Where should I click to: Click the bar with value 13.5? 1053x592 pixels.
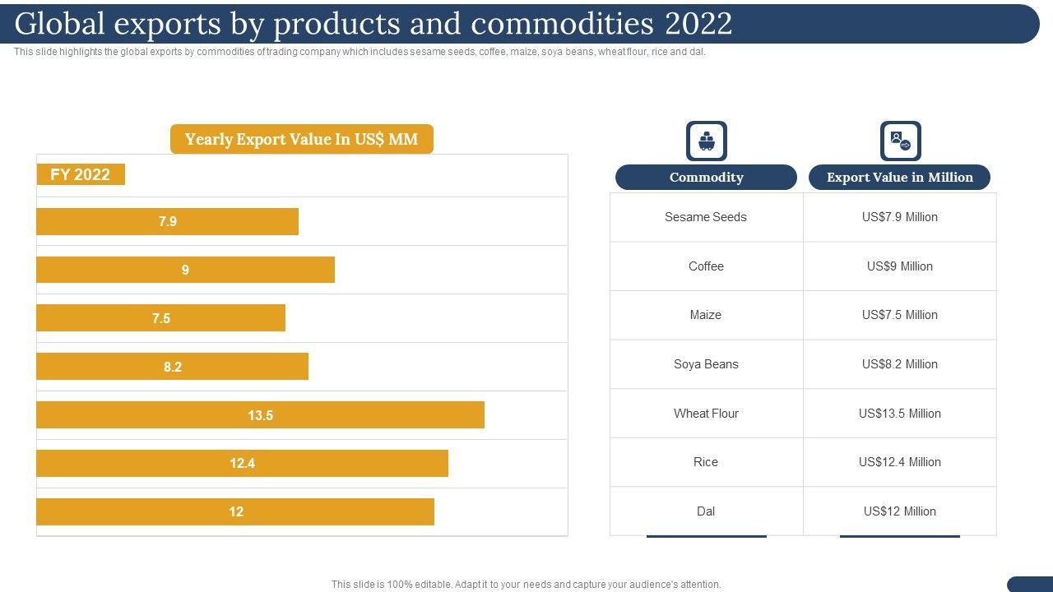(x=260, y=415)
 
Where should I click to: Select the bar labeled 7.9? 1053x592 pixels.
(x=167, y=221)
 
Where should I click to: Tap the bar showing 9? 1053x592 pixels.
(x=185, y=270)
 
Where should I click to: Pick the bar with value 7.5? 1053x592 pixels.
(x=160, y=318)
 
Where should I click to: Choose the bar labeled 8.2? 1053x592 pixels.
(x=172, y=367)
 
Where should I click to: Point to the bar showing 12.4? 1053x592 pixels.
(x=242, y=463)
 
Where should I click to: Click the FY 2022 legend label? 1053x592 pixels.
(x=81, y=174)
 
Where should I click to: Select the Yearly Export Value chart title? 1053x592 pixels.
(x=301, y=139)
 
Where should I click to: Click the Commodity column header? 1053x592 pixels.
(x=706, y=177)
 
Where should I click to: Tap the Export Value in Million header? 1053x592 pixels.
(x=899, y=177)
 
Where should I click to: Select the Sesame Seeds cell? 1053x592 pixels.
(x=706, y=217)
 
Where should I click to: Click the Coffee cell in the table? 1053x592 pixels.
(x=706, y=266)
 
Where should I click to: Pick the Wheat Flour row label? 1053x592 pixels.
(x=706, y=414)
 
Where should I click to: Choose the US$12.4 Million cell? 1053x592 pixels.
(x=899, y=462)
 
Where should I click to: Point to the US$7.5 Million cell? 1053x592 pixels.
(x=899, y=315)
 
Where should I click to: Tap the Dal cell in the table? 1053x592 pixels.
(x=706, y=511)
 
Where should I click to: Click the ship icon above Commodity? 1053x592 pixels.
(x=707, y=141)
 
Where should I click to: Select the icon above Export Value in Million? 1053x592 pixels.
(x=900, y=141)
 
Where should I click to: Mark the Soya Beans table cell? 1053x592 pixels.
(x=706, y=364)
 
